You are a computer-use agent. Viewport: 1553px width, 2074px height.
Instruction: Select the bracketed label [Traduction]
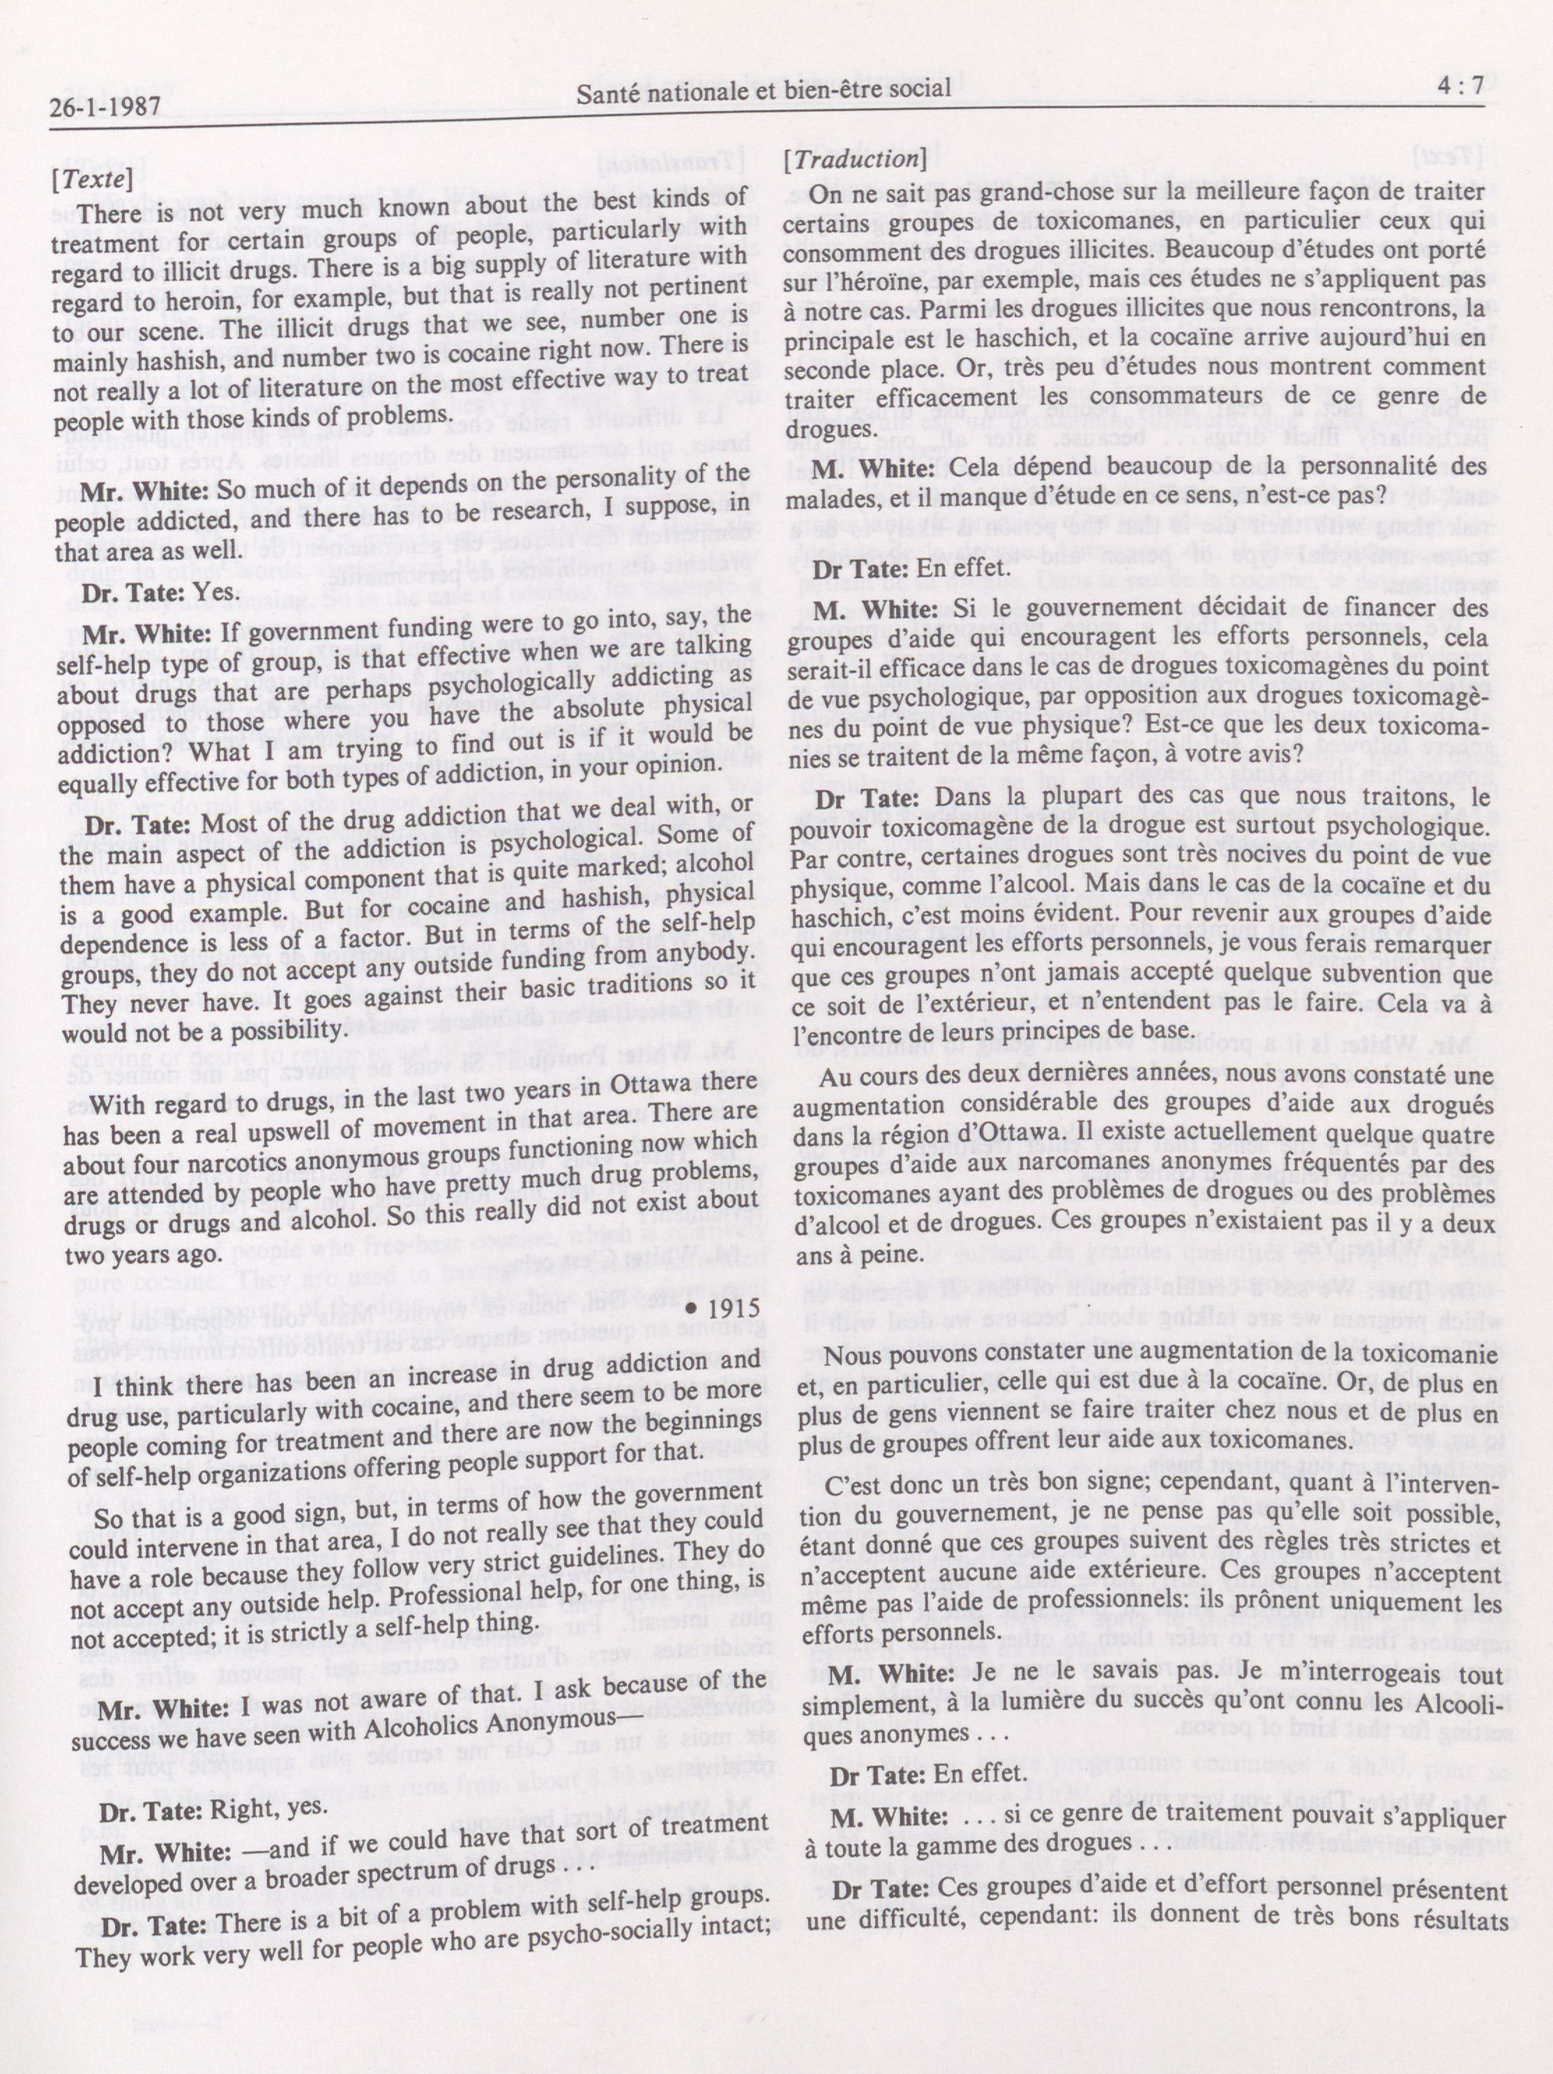pyautogui.click(x=854, y=159)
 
